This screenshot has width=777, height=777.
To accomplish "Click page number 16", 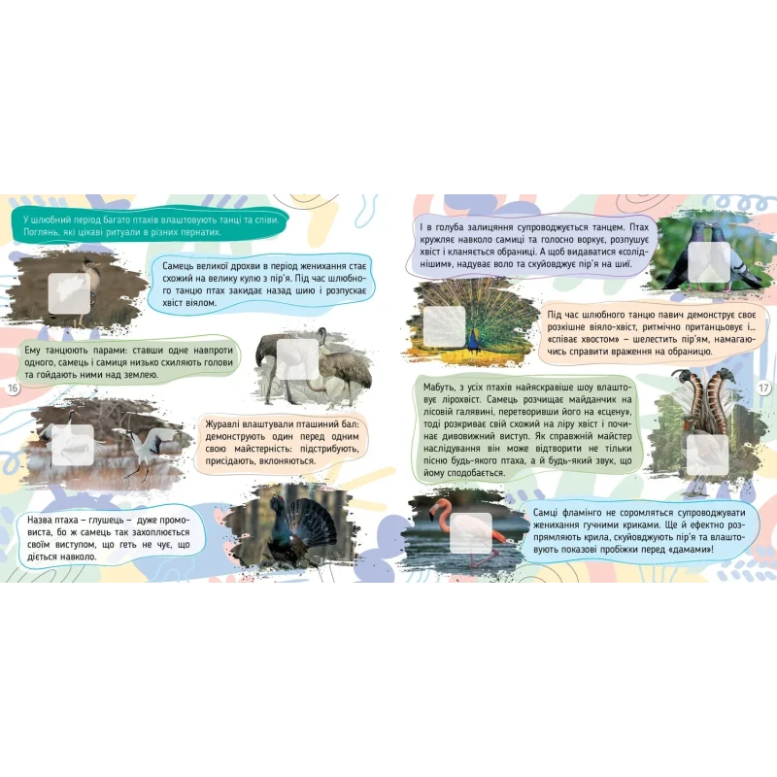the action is (13, 388).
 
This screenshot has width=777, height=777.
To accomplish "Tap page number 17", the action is (764, 388).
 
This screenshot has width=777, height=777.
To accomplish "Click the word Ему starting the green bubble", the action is (32, 351).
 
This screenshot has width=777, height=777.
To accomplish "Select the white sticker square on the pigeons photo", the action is (709, 262).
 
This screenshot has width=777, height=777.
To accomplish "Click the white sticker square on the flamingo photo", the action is (471, 532).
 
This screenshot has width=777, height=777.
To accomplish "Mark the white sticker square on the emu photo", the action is (297, 359).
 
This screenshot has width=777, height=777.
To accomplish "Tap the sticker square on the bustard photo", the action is (69, 293).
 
